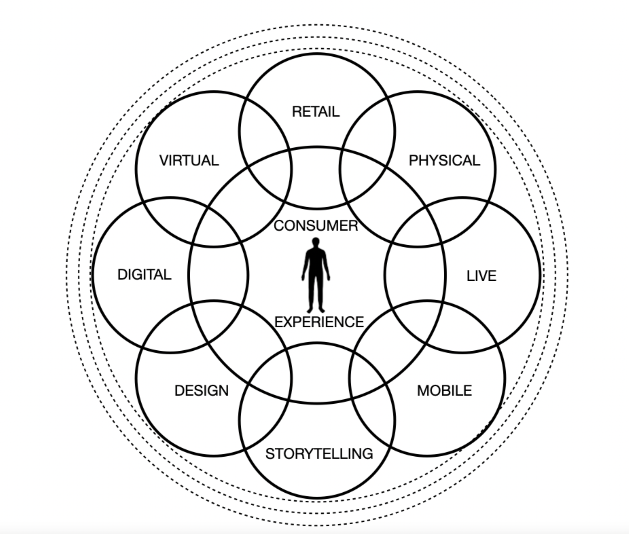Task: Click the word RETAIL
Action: pos(315,112)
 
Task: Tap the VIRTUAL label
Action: pos(189,160)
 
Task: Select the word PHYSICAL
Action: pos(444,160)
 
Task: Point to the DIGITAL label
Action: pos(144,275)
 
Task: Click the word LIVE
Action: pos(481,276)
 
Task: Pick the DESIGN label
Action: pos(201,391)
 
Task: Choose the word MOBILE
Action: pos(444,391)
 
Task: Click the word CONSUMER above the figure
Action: pos(315,226)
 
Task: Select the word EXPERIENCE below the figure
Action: pos(319,322)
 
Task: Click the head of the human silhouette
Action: pos(316,242)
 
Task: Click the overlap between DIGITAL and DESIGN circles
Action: pos(166,329)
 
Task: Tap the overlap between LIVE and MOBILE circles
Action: pos(464,329)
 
